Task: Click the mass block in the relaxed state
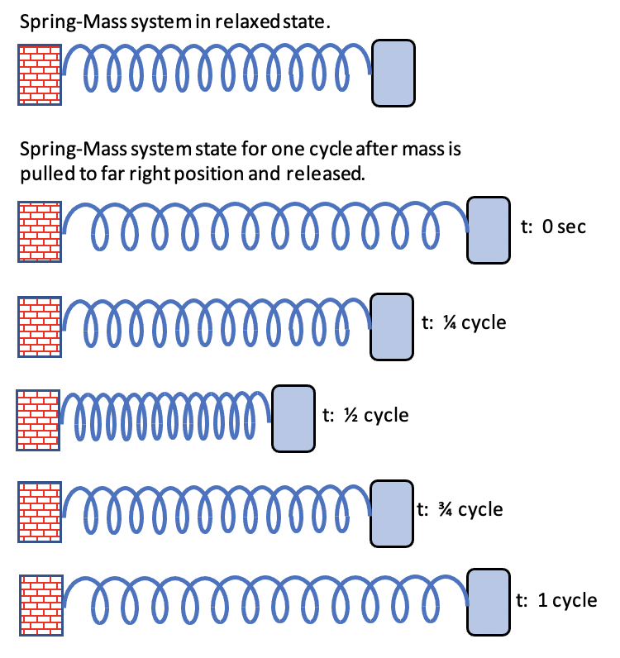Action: click(393, 74)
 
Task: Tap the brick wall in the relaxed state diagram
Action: click(40, 74)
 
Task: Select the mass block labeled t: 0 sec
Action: click(489, 230)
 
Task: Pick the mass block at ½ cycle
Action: click(293, 418)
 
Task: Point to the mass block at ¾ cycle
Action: click(390, 513)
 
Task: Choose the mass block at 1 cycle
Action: click(489, 603)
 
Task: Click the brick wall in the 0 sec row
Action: click(40, 230)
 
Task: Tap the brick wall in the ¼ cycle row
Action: click(40, 326)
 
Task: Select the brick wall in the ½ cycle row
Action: click(37, 418)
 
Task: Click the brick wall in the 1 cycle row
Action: click(40, 603)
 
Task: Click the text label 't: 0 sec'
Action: click(553, 226)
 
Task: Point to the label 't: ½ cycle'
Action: click(365, 414)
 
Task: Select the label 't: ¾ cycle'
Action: click(460, 509)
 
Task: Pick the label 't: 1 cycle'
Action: click(556, 599)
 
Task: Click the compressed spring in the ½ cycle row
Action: click(165, 418)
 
